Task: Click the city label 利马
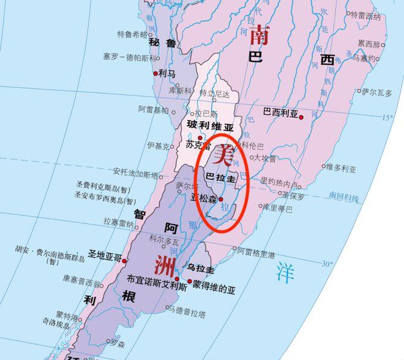pyautogui.click(x=167, y=73)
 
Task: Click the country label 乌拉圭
pyautogui.click(x=201, y=269)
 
